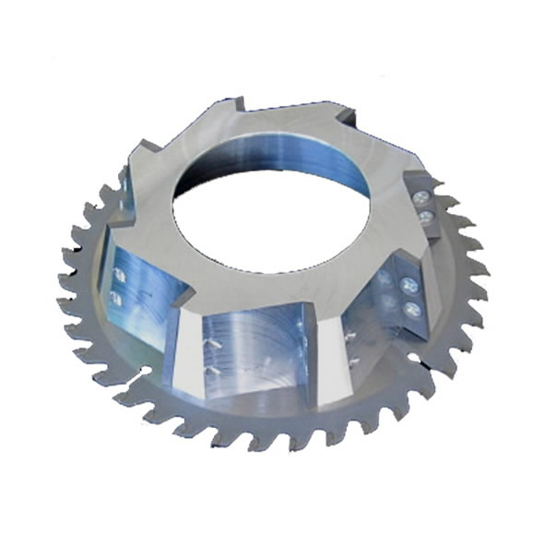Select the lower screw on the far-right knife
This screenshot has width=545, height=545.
426,218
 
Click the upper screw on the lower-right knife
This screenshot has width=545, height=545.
409,288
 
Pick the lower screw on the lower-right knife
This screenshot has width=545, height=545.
410,311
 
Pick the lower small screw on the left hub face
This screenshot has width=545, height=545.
117,296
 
